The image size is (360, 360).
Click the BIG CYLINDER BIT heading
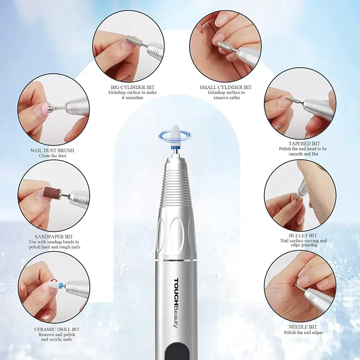pos(132,87)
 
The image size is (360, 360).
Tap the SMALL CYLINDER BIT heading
pos(226,87)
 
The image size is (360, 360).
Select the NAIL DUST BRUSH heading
pos(52,150)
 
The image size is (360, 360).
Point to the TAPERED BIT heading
pos(304,143)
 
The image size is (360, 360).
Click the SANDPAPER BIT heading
pos(54,236)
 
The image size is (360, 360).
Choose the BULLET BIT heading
pos(303,236)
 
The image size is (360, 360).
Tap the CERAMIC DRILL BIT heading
pos(57,329)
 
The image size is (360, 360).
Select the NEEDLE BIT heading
pos(302,327)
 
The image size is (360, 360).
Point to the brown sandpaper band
pos(52,193)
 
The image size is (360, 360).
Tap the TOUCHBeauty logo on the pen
pos(176,303)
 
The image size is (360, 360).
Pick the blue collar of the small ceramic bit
pos(61,286)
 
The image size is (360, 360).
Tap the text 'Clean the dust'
pos(53,156)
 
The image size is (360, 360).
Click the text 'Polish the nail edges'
pos(303,333)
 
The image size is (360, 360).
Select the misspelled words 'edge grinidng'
pos(304,245)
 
